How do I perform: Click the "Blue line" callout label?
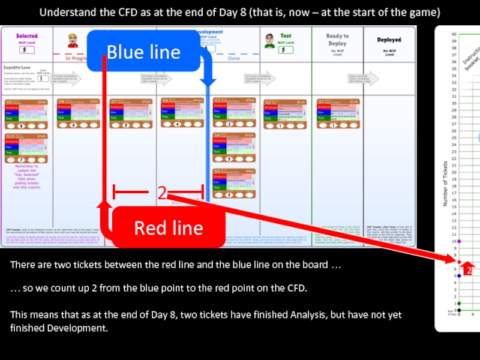[143, 52]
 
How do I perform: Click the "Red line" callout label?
[169, 228]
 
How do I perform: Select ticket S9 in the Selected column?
[26, 114]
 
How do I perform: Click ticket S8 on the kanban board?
[79, 114]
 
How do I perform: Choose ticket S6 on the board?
[182, 114]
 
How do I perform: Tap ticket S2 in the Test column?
[286, 114]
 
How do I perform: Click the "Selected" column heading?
[27, 37]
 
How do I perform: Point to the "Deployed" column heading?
[389, 40]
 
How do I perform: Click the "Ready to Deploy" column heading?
[337, 40]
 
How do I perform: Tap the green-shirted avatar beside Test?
[270, 40]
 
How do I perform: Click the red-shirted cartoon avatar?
[73, 41]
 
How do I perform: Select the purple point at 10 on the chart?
[458, 242]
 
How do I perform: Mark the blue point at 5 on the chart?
[458, 276]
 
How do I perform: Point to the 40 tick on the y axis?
[454, 35]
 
